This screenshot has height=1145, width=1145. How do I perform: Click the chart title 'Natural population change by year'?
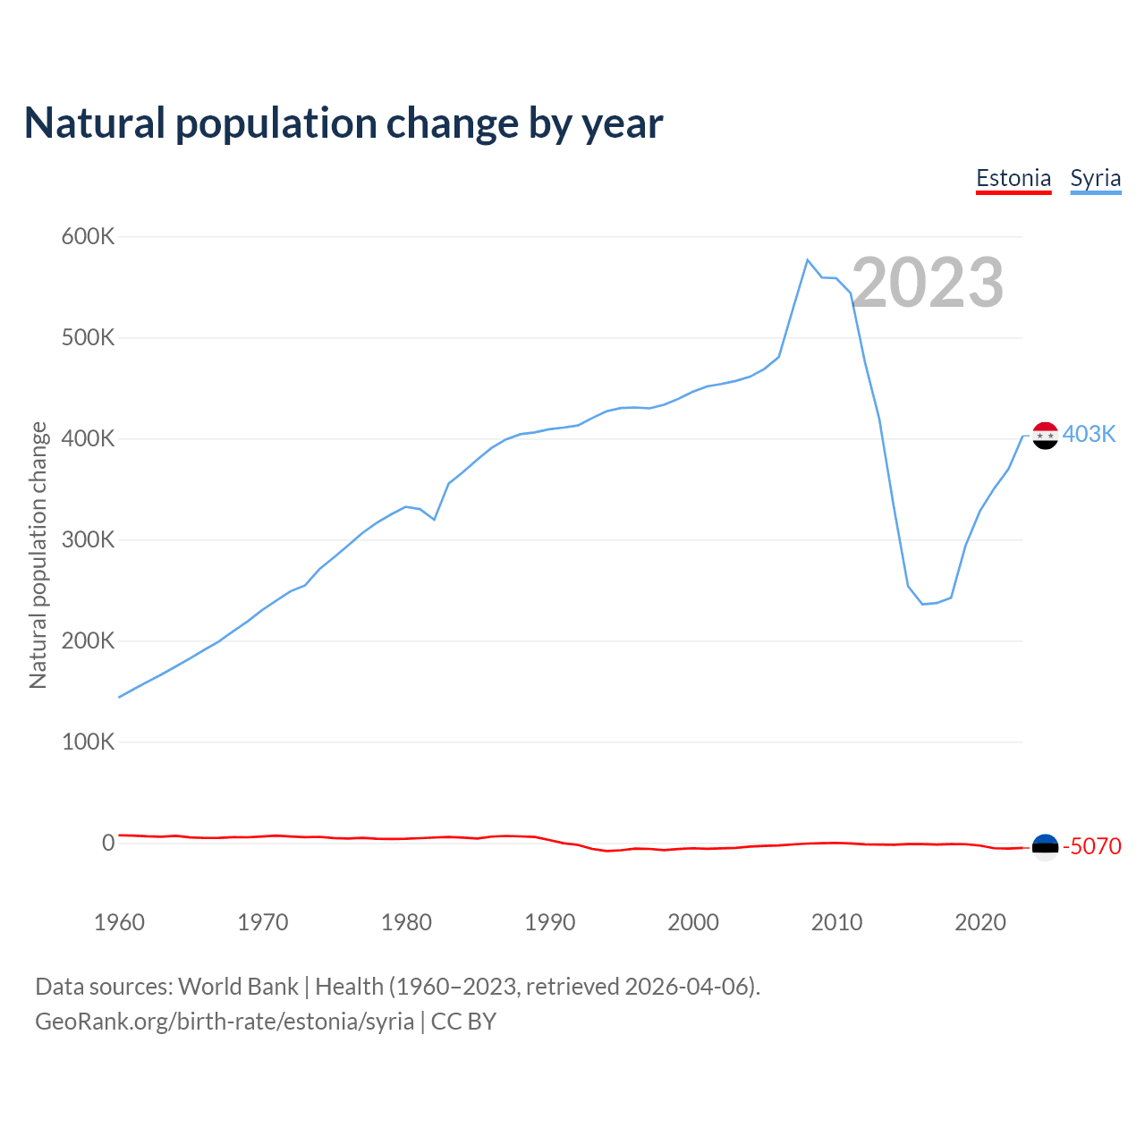[343, 123]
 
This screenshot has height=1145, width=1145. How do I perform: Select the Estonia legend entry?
[1014, 178]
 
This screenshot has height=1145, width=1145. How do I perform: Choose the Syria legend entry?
[1096, 178]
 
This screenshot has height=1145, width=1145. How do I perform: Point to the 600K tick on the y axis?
[88, 237]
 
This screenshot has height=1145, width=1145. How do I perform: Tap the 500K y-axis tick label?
[88, 338]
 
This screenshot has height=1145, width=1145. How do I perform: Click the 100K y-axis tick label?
[88, 742]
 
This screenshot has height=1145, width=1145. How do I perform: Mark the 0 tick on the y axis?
[108, 843]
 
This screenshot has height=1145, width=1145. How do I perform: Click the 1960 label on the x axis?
[119, 922]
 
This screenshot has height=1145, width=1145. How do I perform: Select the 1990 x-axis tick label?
[549, 922]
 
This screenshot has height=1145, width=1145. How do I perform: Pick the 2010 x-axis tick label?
[836, 922]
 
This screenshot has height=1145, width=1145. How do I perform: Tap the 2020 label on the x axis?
[980, 922]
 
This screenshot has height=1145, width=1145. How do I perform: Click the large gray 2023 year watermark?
[927, 283]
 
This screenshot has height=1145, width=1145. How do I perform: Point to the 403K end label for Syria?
[1090, 435]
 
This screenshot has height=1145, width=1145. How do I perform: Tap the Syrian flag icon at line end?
[1045, 436]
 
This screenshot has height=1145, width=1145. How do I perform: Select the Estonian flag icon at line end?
[1045, 846]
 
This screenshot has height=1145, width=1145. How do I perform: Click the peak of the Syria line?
[808, 260]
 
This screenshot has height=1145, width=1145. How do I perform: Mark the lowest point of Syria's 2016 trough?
[922, 604]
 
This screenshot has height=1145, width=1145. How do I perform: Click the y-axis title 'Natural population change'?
[38, 555]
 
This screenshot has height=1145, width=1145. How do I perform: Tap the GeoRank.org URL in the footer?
[225, 1022]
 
